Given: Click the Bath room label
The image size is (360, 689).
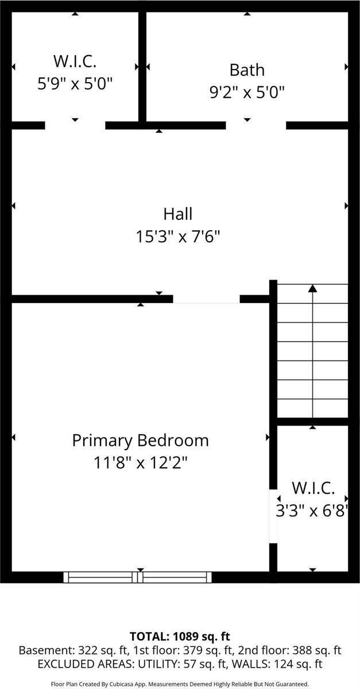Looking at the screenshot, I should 247,70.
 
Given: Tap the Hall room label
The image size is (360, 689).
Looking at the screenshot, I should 178,214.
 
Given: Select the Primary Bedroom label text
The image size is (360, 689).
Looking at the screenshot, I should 140,441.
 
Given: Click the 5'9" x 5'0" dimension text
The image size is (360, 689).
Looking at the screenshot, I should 75,83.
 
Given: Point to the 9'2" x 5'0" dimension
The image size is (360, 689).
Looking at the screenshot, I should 247,92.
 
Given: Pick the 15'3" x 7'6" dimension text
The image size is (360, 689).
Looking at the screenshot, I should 178,237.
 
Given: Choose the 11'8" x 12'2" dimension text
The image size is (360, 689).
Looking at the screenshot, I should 140,463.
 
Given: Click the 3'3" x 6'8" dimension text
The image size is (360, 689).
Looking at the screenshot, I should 312,510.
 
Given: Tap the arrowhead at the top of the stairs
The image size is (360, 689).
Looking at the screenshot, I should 312,288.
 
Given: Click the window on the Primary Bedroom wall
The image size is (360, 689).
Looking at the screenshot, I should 138,577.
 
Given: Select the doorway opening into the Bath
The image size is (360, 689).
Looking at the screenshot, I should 256,125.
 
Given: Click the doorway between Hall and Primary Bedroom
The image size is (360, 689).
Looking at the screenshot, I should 206,299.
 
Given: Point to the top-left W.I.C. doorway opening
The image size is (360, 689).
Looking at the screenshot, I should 75,125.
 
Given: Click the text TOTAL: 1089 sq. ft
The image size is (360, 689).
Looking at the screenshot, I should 180,636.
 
